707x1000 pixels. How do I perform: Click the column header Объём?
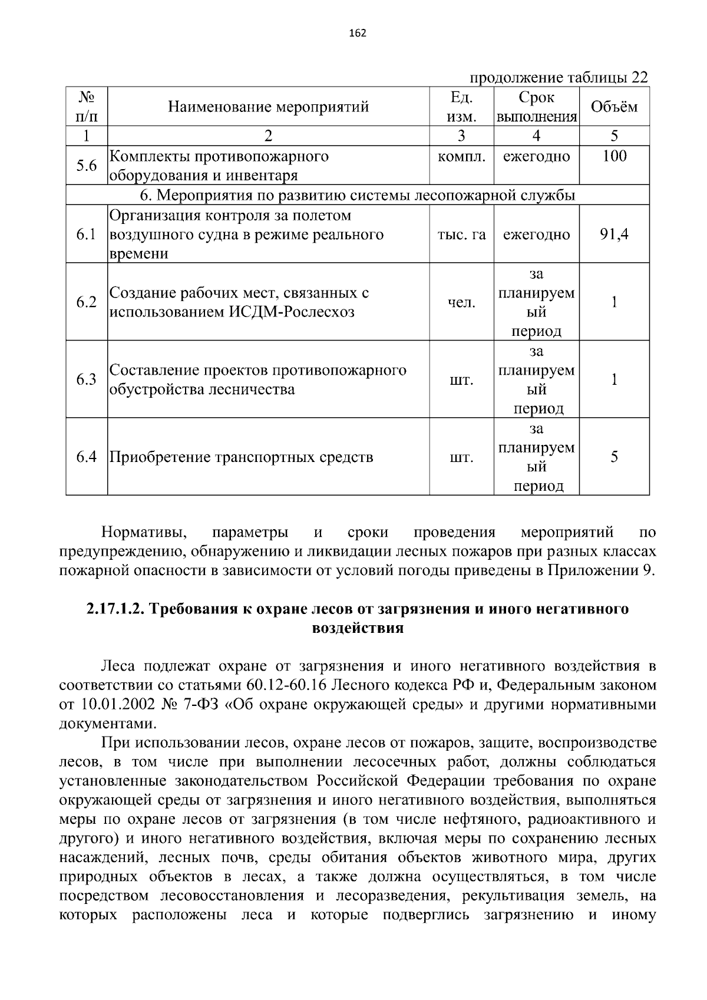coord(614,107)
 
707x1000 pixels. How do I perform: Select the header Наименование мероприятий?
coord(268,107)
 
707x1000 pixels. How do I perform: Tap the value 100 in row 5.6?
coord(614,157)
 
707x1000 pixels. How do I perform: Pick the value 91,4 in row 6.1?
coord(614,235)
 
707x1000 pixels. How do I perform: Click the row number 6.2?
coord(86,302)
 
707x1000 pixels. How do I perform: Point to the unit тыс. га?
coord(461,235)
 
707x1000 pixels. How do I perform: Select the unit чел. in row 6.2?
coord(461,302)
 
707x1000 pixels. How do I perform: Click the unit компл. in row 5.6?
coord(461,157)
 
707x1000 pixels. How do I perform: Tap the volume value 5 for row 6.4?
coord(614,457)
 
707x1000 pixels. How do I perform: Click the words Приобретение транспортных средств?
coord(242,457)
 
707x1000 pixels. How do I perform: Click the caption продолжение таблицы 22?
coord(558,78)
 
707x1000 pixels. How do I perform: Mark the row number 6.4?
coord(86,457)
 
